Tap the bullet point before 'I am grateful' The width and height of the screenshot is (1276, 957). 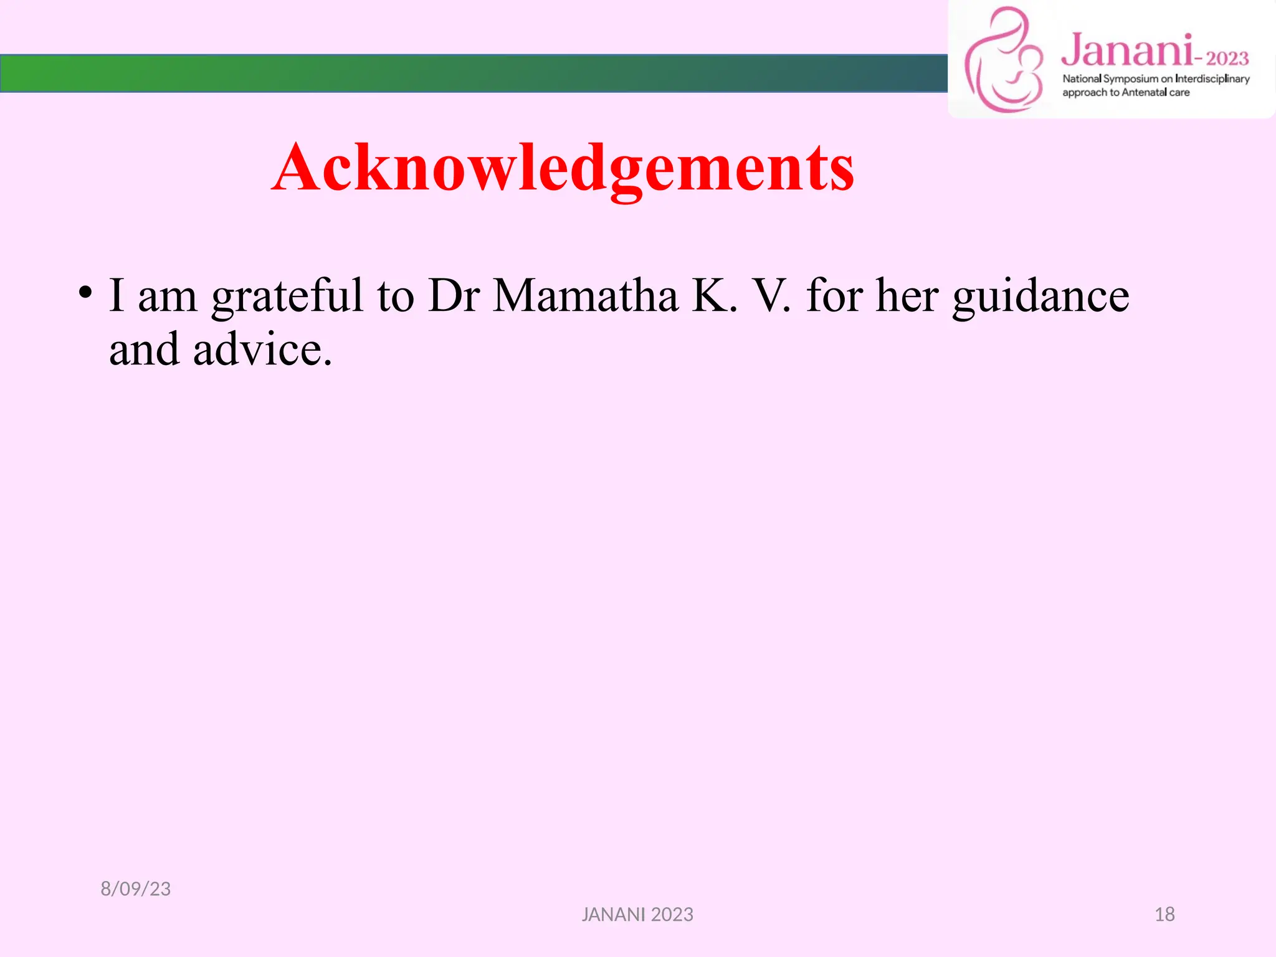pyautogui.click(x=85, y=292)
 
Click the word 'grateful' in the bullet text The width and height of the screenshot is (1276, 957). pyautogui.click(x=287, y=297)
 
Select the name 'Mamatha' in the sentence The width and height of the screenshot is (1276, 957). pyautogui.click(x=585, y=295)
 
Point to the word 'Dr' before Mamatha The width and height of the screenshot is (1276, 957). pyautogui.click(x=454, y=295)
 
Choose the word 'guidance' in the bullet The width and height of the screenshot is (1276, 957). pyautogui.click(x=1040, y=297)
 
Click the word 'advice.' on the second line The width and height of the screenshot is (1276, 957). pyautogui.click(x=262, y=350)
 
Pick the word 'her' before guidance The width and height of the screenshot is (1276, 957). pyautogui.click(x=907, y=295)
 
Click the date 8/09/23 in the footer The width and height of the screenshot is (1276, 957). pyautogui.click(x=136, y=888)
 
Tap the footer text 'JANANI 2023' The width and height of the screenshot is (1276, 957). pyautogui.click(x=637, y=914)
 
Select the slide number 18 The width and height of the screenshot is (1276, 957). pyautogui.click(x=1164, y=914)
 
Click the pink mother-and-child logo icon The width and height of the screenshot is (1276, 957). pyautogui.click(x=1003, y=61)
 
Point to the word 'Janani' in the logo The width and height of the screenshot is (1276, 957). pyautogui.click(x=1126, y=51)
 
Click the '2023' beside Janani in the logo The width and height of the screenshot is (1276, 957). pyautogui.click(x=1227, y=59)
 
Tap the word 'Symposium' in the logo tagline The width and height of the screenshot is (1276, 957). pyautogui.click(x=1130, y=79)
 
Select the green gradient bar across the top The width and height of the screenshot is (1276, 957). pyautogui.click(x=474, y=74)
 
